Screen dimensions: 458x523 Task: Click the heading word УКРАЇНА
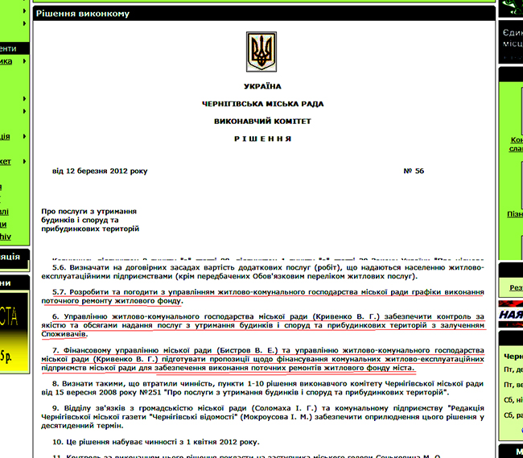pos(262,86)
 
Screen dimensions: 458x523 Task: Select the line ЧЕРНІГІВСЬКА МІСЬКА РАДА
pos(262,104)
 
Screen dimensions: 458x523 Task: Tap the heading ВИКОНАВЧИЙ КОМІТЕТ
pos(262,121)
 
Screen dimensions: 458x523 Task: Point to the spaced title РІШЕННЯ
pos(262,138)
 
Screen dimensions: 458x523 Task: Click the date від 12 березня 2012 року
pos(100,171)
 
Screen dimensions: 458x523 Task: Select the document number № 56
pos(414,171)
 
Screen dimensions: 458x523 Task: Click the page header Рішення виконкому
pos(77,13)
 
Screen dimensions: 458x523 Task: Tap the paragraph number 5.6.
pos(60,267)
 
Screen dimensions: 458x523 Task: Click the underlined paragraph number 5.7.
pos(60,291)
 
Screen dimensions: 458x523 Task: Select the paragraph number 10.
pos(58,442)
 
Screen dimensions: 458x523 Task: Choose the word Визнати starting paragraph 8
pos(80,384)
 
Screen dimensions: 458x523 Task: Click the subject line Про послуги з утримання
pos(89,210)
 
